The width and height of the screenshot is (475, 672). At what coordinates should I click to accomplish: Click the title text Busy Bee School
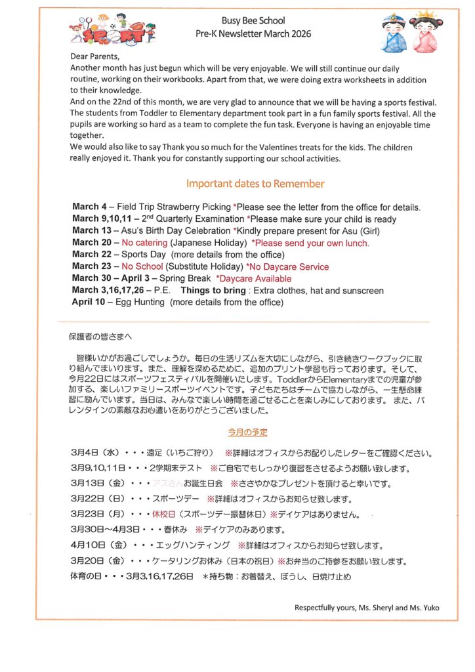point(253,21)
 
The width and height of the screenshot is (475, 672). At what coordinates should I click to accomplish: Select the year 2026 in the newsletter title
point(298,33)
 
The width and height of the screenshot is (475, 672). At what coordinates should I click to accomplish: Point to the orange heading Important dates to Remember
point(255,184)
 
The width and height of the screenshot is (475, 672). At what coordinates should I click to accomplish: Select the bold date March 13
point(91,231)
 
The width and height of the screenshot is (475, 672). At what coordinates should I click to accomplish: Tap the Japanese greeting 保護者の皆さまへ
point(100,337)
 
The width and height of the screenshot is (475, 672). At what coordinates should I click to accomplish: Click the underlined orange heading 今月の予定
point(247,432)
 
